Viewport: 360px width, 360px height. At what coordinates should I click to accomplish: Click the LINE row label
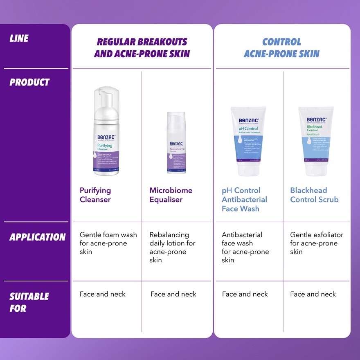pyautogui.click(x=19, y=39)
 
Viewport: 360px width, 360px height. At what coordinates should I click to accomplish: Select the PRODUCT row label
pyautogui.click(x=29, y=82)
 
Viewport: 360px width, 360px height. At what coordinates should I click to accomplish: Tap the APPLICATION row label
pyautogui.click(x=37, y=237)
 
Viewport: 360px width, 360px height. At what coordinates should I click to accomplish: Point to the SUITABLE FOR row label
pyautogui.click(x=29, y=302)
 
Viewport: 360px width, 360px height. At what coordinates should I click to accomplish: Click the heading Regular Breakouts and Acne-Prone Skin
pyautogui.click(x=142, y=48)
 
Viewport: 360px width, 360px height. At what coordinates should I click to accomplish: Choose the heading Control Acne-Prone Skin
pyautogui.click(x=281, y=48)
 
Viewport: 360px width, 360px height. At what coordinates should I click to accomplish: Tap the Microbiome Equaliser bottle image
pyautogui.click(x=176, y=143)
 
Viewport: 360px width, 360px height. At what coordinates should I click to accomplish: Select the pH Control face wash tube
pyautogui.click(x=248, y=139)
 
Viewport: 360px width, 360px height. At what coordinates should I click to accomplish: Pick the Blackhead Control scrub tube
pyautogui.click(x=316, y=139)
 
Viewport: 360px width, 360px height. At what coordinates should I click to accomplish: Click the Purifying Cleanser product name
pyautogui.click(x=95, y=195)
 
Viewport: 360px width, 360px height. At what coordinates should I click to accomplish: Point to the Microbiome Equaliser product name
pyautogui.click(x=171, y=195)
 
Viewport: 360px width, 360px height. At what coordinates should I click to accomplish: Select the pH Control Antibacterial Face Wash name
pyautogui.click(x=244, y=200)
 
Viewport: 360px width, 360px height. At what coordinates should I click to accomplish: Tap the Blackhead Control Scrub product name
pyautogui.click(x=314, y=195)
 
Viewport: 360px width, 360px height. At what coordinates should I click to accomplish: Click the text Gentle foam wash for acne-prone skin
pyautogui.click(x=108, y=243)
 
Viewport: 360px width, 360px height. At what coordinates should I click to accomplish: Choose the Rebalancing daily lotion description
pyautogui.click(x=172, y=247)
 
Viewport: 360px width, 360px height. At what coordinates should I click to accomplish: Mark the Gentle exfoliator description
pyautogui.click(x=316, y=243)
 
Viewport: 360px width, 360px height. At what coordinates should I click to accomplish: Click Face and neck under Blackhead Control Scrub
pyautogui.click(x=313, y=294)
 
